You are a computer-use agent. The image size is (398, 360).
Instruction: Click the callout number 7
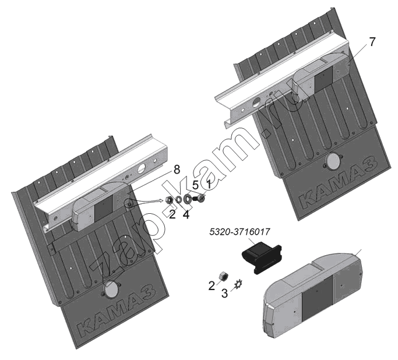(x=372, y=42)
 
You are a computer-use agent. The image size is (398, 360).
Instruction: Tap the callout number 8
(x=177, y=170)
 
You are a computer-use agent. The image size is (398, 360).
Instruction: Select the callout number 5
(x=195, y=185)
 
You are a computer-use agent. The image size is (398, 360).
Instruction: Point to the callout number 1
(x=209, y=185)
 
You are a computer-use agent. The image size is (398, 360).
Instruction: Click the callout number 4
(x=186, y=214)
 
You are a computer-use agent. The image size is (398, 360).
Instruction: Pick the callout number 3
(x=224, y=294)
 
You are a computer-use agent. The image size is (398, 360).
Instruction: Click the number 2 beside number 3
(x=212, y=286)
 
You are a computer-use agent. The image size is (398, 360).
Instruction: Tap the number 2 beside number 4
(x=172, y=214)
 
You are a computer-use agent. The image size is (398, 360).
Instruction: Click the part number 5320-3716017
(x=239, y=232)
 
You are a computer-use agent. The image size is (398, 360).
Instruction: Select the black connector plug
(x=262, y=257)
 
